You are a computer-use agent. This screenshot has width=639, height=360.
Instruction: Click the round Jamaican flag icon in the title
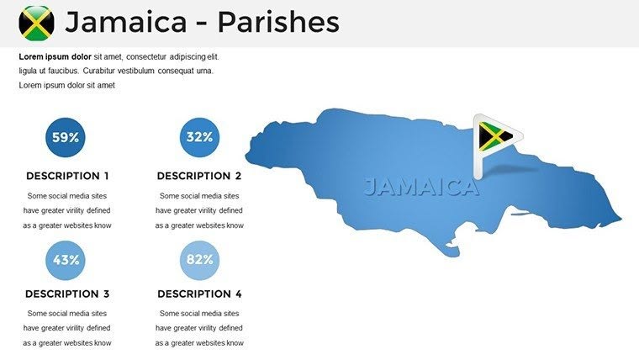click(x=36, y=23)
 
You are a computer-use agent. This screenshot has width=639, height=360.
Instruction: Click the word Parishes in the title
click(x=278, y=23)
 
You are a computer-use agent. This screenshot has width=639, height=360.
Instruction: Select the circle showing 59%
click(x=66, y=138)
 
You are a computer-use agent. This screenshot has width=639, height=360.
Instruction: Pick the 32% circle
click(x=199, y=138)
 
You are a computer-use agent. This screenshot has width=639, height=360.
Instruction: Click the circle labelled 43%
click(x=66, y=260)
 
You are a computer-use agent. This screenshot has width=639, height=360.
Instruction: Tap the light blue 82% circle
click(x=199, y=260)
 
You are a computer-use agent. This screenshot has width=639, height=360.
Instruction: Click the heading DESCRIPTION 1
click(x=67, y=177)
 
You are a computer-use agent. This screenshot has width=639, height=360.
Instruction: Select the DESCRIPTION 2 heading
click(x=199, y=177)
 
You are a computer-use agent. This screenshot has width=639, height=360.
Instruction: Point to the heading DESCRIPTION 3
click(x=67, y=294)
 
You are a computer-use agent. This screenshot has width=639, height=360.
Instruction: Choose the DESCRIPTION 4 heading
click(x=199, y=294)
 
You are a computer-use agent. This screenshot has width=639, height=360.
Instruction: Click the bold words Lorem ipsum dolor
click(x=55, y=56)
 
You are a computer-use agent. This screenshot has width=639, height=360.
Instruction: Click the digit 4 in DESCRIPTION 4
click(x=238, y=294)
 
